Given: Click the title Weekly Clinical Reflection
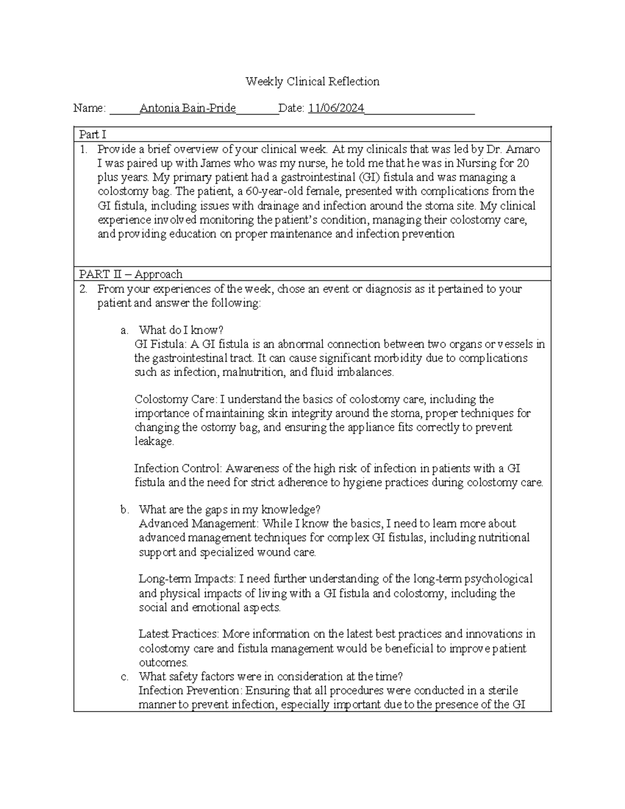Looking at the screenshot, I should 312,81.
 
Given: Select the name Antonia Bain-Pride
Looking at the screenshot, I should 188,108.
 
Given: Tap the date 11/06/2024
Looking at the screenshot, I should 336,108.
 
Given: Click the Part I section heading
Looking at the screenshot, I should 92,134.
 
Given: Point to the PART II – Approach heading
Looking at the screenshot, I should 131,274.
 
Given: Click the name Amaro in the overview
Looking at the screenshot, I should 523,149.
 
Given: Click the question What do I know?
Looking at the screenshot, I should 181,330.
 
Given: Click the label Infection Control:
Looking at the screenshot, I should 178,468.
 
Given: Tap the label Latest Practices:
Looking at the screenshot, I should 179,634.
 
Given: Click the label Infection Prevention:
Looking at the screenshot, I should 191,691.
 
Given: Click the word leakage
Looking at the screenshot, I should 154,441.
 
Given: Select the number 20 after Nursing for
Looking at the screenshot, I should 523,163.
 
